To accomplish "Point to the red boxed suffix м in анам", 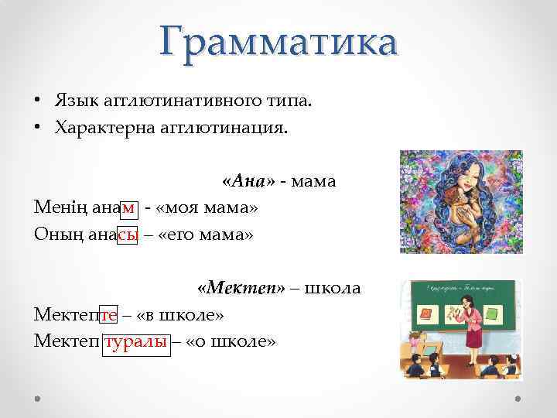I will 128,208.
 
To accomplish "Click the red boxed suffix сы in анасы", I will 128,235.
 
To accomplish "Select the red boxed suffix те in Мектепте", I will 108,315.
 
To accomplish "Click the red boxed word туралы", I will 135,341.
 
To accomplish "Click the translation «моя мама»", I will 207,208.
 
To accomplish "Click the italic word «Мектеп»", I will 241,289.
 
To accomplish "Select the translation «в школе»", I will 179,315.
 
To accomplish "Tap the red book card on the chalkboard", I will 423,314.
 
